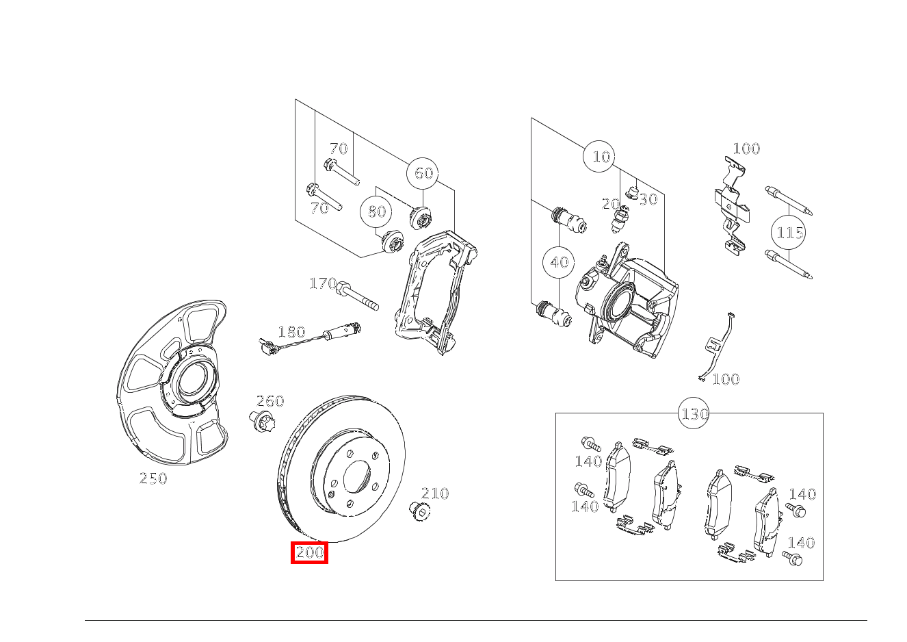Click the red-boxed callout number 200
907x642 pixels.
pos(310,552)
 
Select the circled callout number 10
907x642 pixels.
pos(600,157)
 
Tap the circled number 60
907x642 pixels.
pos(423,173)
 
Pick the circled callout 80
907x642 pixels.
pos(377,211)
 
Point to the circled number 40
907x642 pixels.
pos(559,262)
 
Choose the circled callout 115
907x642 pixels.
pos(789,233)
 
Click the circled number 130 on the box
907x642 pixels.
pos(694,414)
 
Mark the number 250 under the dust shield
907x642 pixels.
pos(153,479)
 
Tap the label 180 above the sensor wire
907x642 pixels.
pos(291,333)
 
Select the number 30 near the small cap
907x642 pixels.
pos(648,199)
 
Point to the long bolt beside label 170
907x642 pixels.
pos(357,298)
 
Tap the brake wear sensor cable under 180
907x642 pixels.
pos(301,344)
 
